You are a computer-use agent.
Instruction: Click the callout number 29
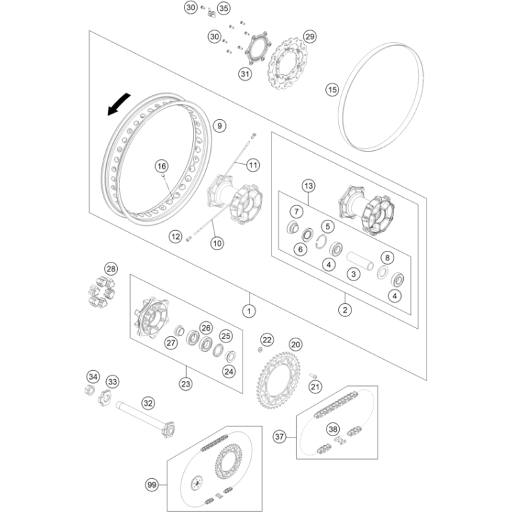pos(309,37)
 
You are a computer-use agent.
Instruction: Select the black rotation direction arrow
pos(119,104)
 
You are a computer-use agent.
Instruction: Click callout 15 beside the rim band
pos(332,90)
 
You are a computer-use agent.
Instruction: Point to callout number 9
pos(219,125)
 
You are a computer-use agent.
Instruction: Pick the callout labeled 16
pos(162,167)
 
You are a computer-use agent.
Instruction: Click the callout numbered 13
pos(308,186)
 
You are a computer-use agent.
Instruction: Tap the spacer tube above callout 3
pos(360,260)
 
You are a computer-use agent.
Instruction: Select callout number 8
pos(387,258)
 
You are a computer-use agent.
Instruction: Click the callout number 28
pos(111,269)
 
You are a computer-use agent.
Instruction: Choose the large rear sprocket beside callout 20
pos(278,380)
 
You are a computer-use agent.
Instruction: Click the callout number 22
pos(267,340)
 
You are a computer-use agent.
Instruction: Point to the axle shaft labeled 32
pos(145,420)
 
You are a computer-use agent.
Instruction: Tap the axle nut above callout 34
pos(90,389)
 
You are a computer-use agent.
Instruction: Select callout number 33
pos(112,382)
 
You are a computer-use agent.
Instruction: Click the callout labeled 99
pos(152,485)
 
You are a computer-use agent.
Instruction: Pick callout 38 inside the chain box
pos(333,429)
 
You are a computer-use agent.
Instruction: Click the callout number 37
pos(279,437)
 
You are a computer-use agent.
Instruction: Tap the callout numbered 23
pos(186,384)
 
